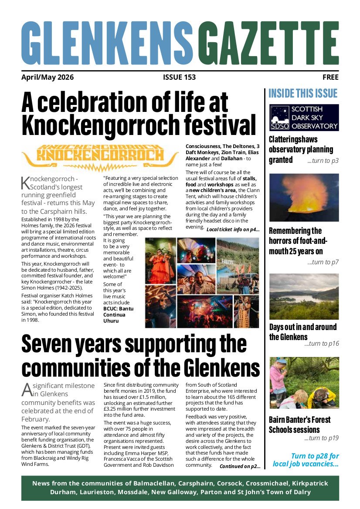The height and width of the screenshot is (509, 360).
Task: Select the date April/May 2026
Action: pos(48,78)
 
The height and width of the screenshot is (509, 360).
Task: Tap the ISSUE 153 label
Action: pos(179,78)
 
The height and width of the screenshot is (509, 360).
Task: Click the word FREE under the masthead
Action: pos(330,78)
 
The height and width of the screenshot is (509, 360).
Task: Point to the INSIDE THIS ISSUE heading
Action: pos(303,93)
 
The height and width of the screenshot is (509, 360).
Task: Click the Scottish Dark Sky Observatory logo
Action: pos(304,117)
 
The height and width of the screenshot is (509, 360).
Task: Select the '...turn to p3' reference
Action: pos(323,161)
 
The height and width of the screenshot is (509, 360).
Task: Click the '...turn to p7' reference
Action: pos(323,262)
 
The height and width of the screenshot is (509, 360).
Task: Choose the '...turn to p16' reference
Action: pos(321,344)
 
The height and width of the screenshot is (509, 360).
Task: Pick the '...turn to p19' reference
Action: pos(321,438)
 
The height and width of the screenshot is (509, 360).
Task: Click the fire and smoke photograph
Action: pos(304,197)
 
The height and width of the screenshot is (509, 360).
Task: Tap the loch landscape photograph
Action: pos(304,296)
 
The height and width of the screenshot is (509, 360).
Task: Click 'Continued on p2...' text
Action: pos(240,466)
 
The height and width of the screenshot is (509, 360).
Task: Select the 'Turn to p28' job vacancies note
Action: pos(306,460)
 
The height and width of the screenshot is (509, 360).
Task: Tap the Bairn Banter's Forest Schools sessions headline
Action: pos(300,425)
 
